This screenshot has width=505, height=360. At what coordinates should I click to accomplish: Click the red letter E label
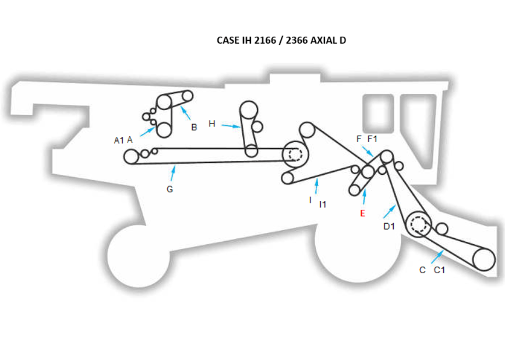tap(362, 213)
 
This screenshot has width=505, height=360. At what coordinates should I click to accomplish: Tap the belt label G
tap(170, 189)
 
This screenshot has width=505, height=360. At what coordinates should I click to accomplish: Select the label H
tap(212, 123)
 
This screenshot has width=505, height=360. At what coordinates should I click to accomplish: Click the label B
tap(194, 127)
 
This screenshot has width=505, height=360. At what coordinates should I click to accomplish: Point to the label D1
tap(389, 227)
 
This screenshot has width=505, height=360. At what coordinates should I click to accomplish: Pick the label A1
tap(119, 140)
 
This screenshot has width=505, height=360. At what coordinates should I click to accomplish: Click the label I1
tap(322, 204)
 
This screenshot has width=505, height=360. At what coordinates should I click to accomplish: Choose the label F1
tap(373, 139)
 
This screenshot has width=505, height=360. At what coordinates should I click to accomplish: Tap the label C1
tap(440, 270)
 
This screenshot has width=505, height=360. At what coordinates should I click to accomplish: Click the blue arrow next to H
tap(231, 125)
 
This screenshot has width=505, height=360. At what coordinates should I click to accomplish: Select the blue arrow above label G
tap(173, 173)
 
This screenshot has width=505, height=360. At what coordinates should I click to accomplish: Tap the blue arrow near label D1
tap(390, 211)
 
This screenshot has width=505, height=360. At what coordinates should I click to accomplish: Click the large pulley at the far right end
tap(483, 259)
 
